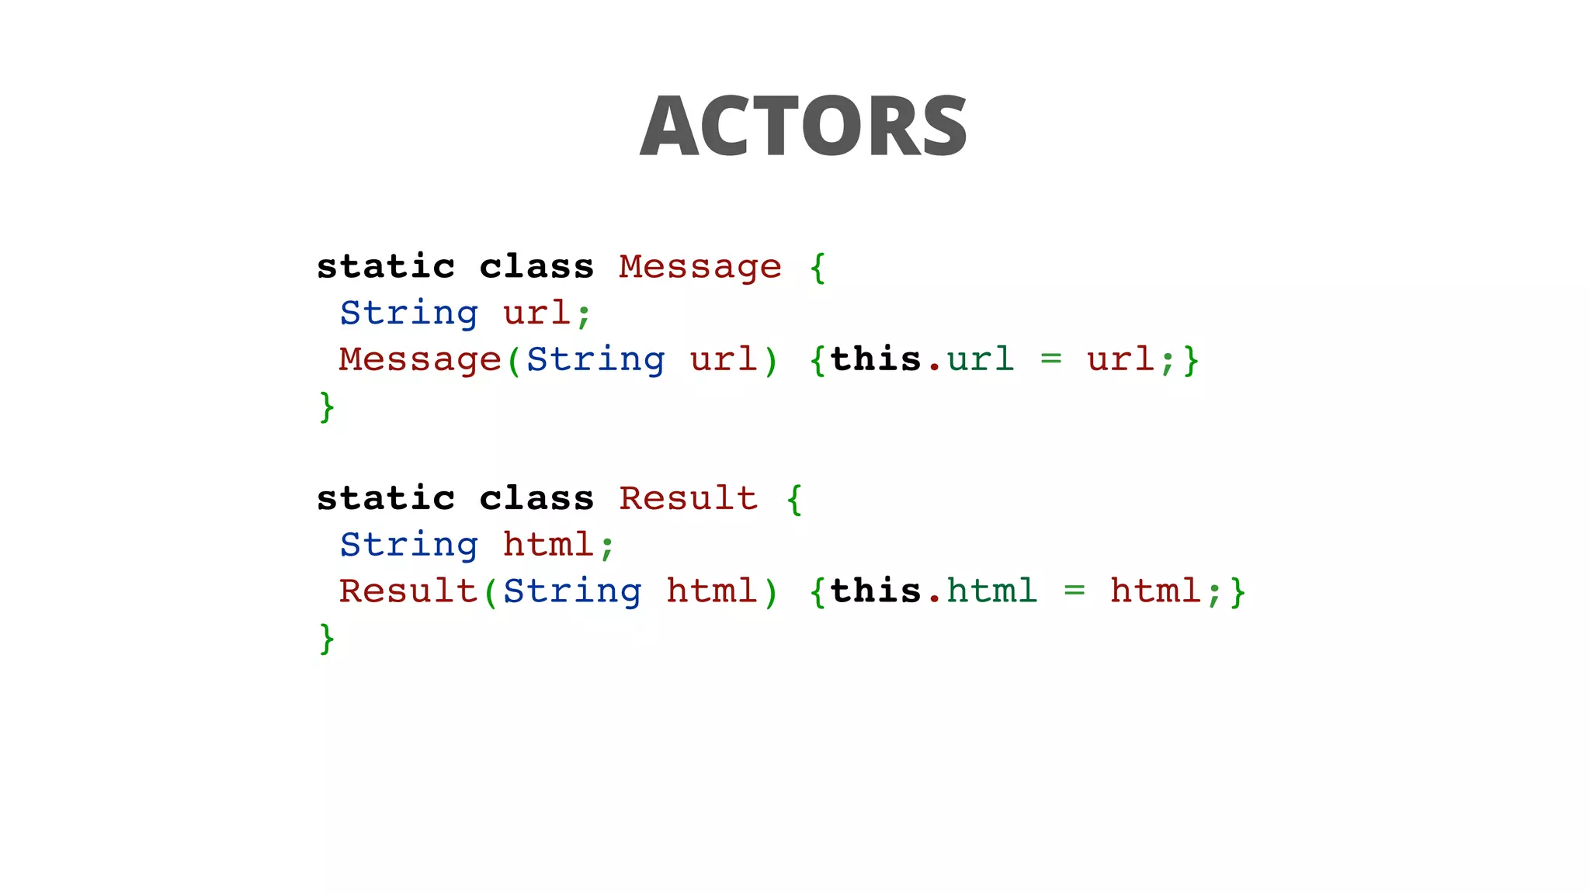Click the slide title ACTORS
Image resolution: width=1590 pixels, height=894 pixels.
pyautogui.click(x=804, y=126)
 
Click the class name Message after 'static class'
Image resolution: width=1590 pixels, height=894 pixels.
pyautogui.click(x=700, y=267)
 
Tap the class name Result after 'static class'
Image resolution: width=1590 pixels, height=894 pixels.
pyautogui.click(x=688, y=498)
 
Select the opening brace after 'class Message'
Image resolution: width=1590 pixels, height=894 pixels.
pyautogui.click(x=818, y=268)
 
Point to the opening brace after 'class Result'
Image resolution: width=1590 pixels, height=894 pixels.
pyautogui.click(x=794, y=499)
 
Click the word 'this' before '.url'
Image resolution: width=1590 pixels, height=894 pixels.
pyautogui.click(x=875, y=359)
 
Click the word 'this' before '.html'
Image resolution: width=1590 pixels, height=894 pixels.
pyautogui.click(x=875, y=591)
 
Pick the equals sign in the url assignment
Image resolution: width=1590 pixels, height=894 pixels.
pyautogui.click(x=1050, y=359)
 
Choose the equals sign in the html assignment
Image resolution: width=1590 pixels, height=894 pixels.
pyautogui.click(x=1074, y=591)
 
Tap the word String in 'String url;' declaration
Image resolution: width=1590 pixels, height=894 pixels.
pyautogui.click(x=408, y=314)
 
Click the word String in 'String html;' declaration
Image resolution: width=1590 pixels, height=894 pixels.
pyautogui.click(x=408, y=545)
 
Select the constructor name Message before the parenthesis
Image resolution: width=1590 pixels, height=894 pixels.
pyautogui.click(x=420, y=359)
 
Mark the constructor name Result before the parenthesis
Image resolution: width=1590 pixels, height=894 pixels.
pyautogui.click(x=408, y=591)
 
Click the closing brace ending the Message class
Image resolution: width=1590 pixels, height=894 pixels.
pyautogui.click(x=327, y=407)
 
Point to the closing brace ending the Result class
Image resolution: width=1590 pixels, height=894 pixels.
pyautogui.click(x=327, y=638)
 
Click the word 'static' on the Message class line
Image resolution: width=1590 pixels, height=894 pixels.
pyautogui.click(x=386, y=267)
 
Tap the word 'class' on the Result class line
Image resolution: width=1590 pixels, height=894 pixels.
pyautogui.click(x=536, y=498)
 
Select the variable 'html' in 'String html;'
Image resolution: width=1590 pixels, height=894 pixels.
pyautogui.click(x=548, y=545)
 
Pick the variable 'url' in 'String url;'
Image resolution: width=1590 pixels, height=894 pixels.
pyautogui.click(x=536, y=314)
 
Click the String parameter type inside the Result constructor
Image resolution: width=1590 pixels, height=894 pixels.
pyautogui.click(x=572, y=591)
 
